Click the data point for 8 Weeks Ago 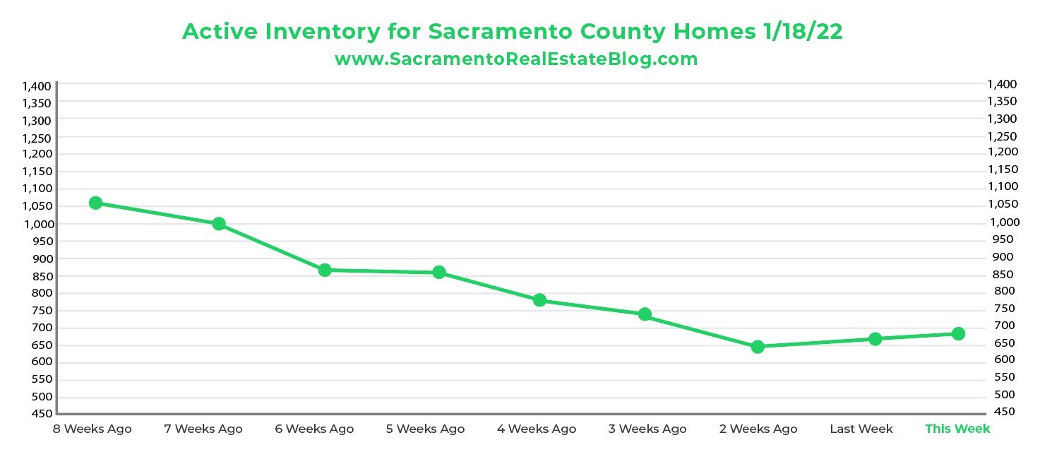96,203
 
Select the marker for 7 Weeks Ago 219,224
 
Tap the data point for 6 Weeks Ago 325,270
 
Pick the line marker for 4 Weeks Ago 540,300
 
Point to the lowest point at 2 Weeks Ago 758,347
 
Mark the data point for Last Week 875,339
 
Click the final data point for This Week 958,333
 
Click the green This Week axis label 957,429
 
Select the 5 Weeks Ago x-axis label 426,429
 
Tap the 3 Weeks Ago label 647,429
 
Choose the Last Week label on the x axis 861,429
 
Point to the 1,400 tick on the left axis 37,86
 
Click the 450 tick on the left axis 41,414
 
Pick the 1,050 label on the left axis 37,206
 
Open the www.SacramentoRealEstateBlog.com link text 516,59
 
